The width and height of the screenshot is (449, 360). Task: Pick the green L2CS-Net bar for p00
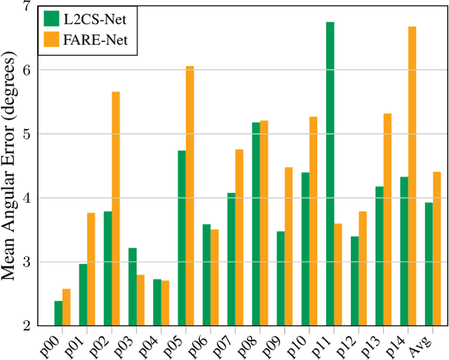(x=58, y=313)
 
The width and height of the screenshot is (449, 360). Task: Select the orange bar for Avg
(x=436, y=248)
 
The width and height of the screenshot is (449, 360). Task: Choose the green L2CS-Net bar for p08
(x=255, y=224)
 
